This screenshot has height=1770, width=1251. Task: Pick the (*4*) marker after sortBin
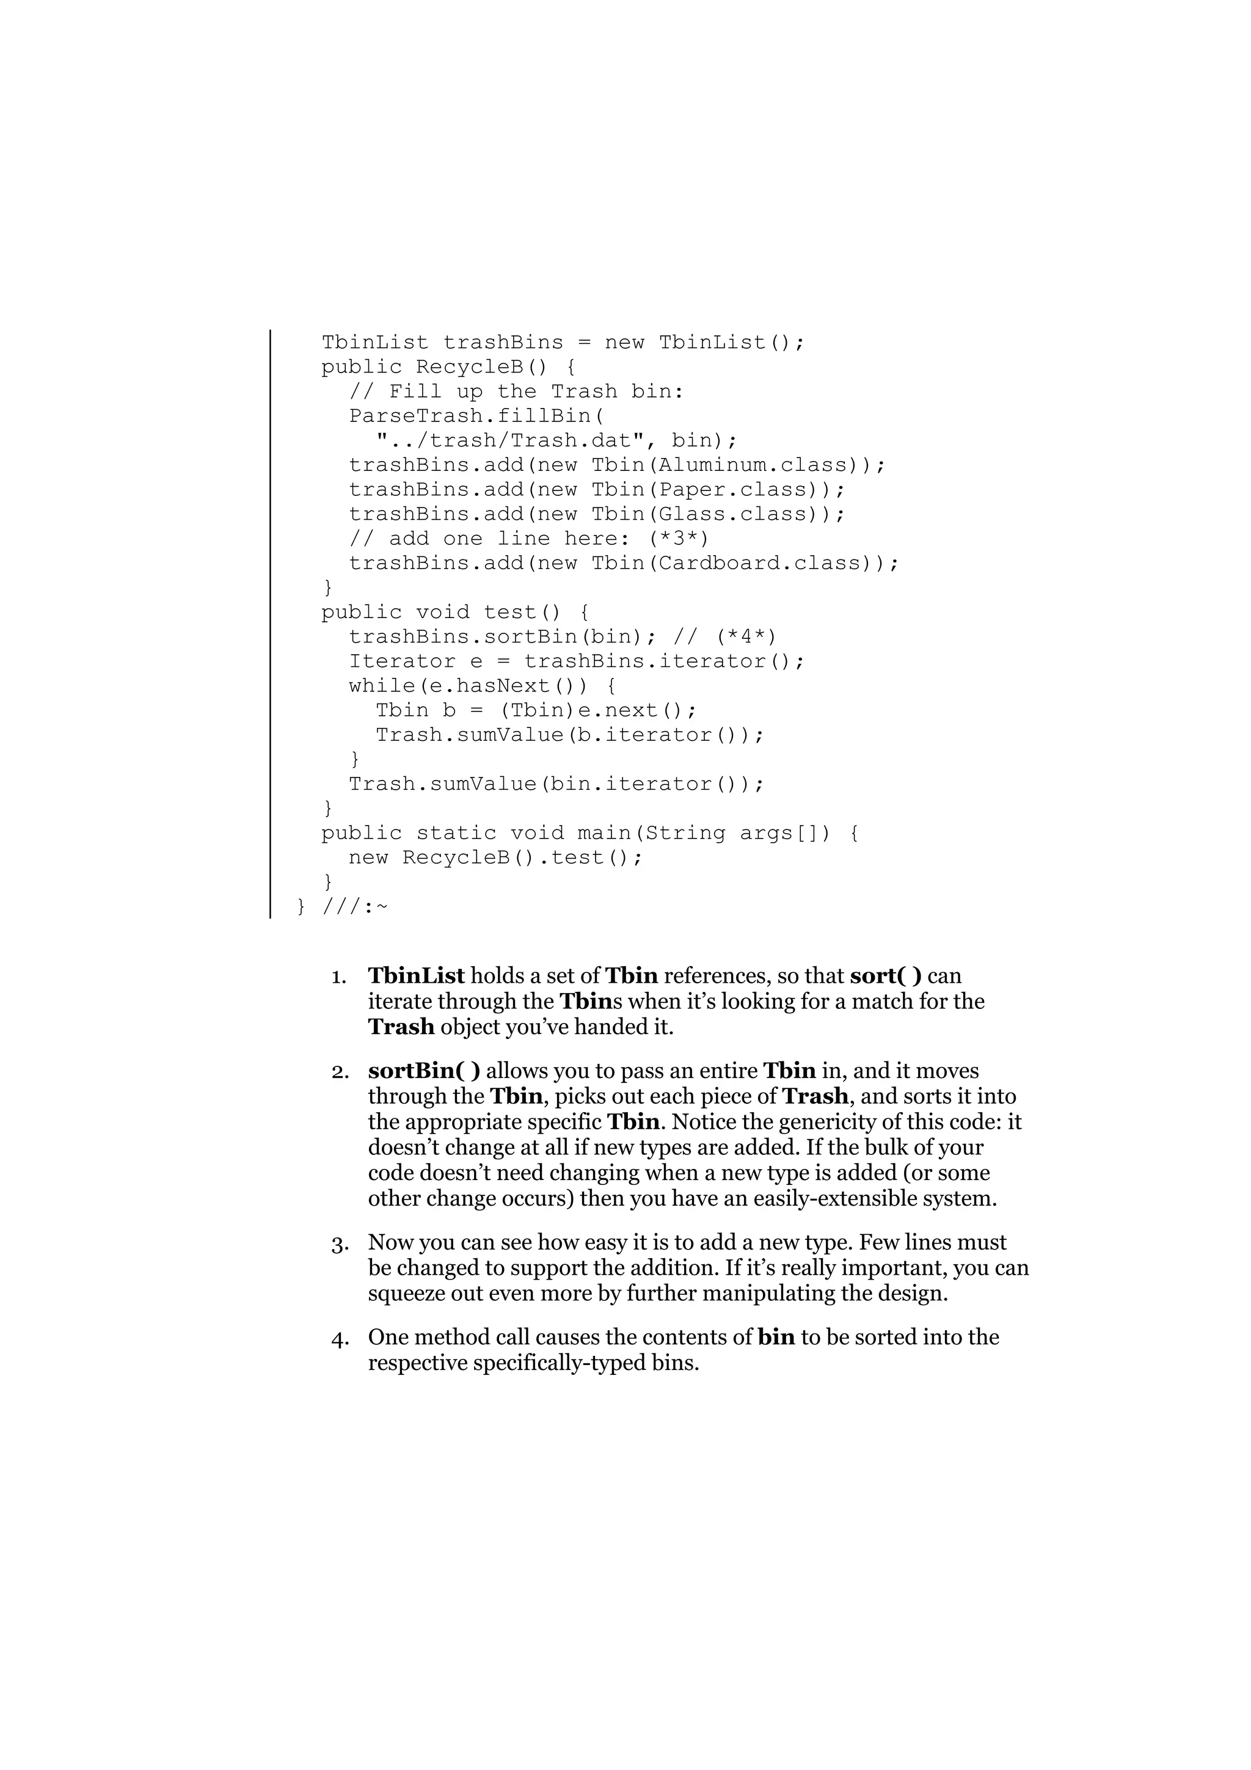click(x=745, y=637)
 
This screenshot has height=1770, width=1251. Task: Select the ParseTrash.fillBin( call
click(x=476, y=417)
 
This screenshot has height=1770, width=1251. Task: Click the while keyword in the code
click(x=382, y=686)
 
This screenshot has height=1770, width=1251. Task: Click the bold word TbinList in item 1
click(x=416, y=976)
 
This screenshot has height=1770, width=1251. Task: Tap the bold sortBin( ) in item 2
click(x=424, y=1071)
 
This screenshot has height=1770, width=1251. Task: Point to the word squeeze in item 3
click(x=406, y=1293)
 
